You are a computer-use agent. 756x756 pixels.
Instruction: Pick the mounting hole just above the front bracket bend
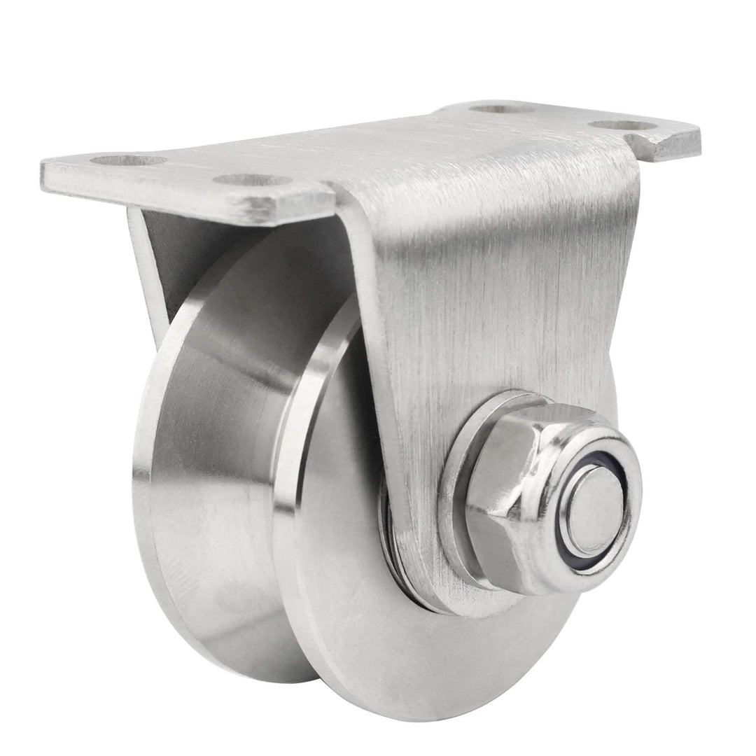(252, 180)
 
